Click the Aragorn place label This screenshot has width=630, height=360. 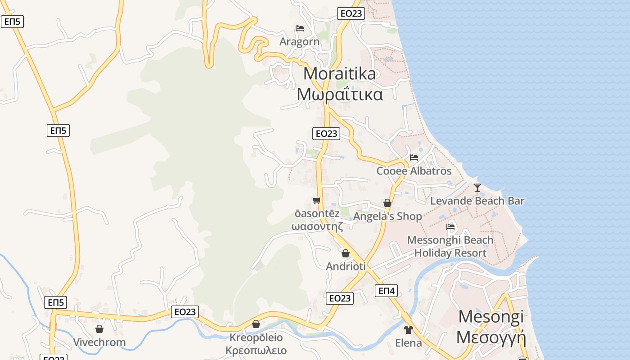click(299, 42)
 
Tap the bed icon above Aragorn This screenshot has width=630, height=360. click(300, 28)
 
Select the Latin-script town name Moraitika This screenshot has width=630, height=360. click(339, 73)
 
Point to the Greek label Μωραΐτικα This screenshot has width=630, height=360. click(340, 94)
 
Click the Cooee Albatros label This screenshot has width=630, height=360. click(414, 171)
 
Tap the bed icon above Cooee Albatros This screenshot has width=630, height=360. click(414, 157)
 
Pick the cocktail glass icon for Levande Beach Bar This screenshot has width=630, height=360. click(477, 187)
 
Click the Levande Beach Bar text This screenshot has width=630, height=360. click(477, 201)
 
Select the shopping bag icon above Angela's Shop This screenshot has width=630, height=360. click(387, 203)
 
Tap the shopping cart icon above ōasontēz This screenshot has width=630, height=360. click(317, 200)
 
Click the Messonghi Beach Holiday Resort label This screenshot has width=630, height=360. click(450, 247)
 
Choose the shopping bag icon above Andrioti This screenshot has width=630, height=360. click(346, 253)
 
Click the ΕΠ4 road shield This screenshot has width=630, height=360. click(386, 291)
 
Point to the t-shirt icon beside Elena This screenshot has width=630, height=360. click(408, 330)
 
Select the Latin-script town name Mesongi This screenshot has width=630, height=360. click(490, 317)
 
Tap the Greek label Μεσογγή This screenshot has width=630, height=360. click(491, 337)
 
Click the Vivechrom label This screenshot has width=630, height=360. click(99, 342)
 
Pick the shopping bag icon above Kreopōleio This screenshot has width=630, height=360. click(256, 324)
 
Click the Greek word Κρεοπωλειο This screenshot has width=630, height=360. click(256, 350)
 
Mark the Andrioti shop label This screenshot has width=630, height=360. click(346, 266)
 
